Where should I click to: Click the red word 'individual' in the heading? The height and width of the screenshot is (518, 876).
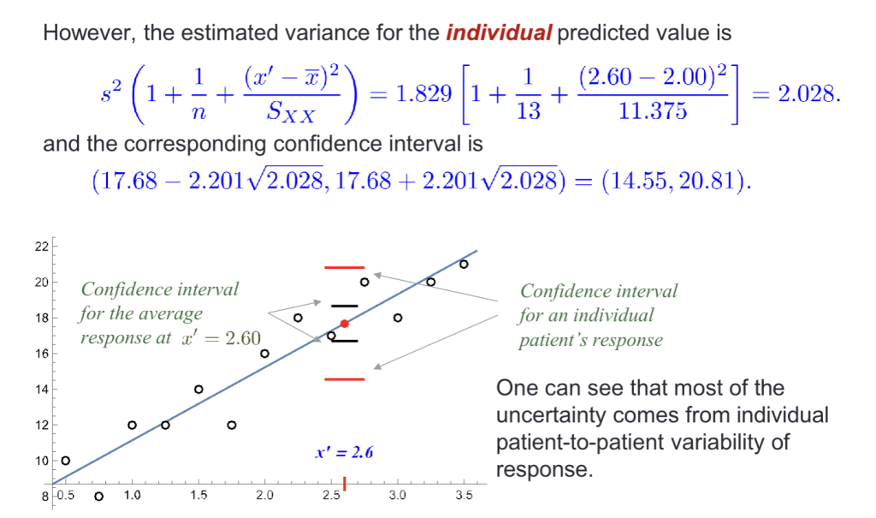point(499,33)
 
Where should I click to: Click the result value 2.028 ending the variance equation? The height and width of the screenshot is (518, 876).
point(806,94)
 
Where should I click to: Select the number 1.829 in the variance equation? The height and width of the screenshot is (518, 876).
point(423,94)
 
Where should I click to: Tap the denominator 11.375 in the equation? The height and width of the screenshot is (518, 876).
point(653,110)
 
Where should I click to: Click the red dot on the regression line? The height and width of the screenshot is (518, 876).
point(345,324)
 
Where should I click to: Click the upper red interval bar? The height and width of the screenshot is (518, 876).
point(344,267)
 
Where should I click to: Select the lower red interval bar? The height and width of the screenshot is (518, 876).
point(344,379)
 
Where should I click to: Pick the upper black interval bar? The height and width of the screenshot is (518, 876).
point(344,306)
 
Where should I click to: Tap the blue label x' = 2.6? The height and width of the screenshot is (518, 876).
point(344,452)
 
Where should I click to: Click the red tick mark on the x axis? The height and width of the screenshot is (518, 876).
point(344,484)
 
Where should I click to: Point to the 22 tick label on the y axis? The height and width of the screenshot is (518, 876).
point(42,246)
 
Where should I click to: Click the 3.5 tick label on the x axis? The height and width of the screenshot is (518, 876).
point(464,495)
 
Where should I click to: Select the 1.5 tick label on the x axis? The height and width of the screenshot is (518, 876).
point(198,495)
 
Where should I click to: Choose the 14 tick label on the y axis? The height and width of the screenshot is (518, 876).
point(42,390)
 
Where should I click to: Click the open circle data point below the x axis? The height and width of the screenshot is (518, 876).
point(99,497)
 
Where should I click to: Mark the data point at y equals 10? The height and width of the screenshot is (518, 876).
point(65,461)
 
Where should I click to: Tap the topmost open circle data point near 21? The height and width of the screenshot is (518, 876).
point(464,264)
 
